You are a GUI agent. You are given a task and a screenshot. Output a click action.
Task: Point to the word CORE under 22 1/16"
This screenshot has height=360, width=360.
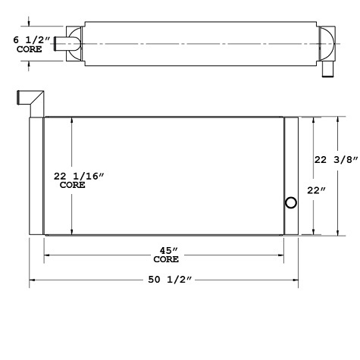[x=73, y=185]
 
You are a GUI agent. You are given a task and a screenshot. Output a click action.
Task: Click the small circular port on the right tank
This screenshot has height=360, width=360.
[x=290, y=202]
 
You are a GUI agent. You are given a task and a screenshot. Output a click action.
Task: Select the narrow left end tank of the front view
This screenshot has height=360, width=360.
[x=36, y=176]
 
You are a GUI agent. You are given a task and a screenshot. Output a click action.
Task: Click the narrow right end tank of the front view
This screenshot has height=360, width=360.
[x=291, y=176]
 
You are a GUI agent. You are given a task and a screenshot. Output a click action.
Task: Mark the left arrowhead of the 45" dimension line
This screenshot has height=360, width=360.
[x=47, y=256]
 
